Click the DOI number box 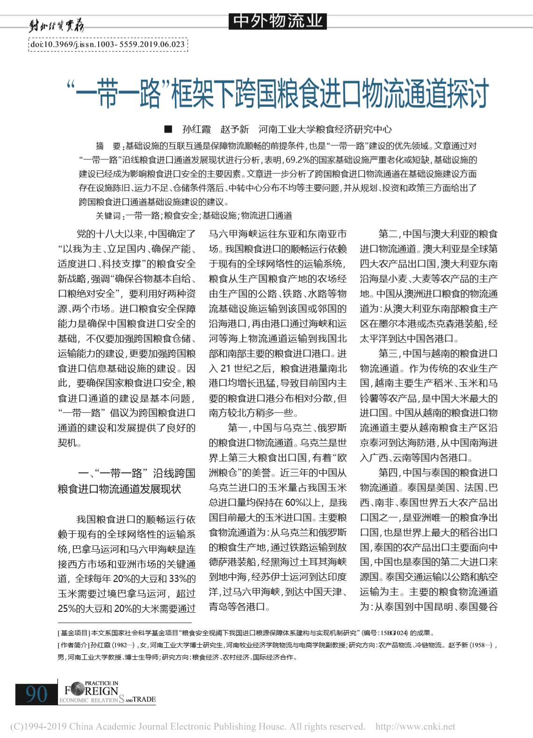[108, 45]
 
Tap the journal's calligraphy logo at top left [56, 25]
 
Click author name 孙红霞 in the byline [196, 129]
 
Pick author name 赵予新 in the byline [235, 129]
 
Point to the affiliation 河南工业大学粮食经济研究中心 [325, 129]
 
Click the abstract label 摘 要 [108, 146]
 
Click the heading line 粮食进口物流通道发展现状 [119, 489]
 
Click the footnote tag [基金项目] [74, 633]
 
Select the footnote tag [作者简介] [74, 645]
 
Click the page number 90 [36, 694]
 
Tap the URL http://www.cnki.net [415, 727]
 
